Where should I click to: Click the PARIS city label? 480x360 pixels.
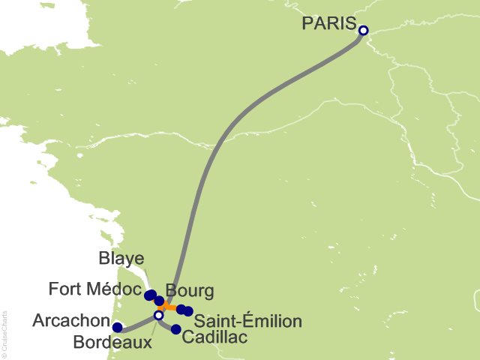[x=328, y=23]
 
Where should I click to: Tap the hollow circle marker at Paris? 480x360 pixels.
[x=363, y=31]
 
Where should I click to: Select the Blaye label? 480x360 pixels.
[x=121, y=259]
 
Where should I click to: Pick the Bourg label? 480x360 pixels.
[x=190, y=290]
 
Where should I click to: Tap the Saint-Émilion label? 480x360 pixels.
[x=247, y=322]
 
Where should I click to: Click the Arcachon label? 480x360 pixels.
[x=71, y=321]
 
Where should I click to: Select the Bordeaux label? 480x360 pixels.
[x=112, y=343]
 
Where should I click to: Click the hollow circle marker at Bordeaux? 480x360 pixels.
[x=158, y=315]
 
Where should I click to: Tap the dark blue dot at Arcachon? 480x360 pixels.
[x=117, y=327]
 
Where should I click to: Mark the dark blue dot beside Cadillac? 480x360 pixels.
[x=176, y=329]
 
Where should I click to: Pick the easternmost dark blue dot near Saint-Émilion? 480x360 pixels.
[x=188, y=311]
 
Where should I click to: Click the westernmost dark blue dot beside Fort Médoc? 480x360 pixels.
[x=149, y=294]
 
